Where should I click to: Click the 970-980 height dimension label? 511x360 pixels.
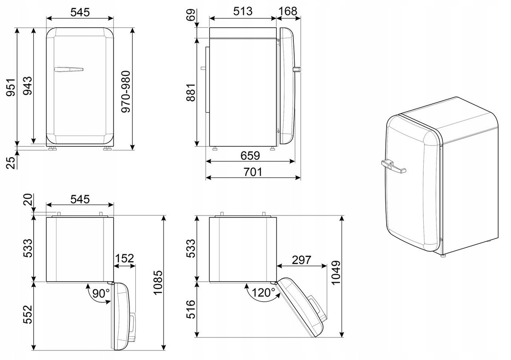[x=126, y=91]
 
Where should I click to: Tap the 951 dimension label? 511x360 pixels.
[x=11, y=87]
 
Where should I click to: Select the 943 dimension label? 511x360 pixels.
[x=28, y=86]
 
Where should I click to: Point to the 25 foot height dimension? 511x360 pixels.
[x=11, y=163]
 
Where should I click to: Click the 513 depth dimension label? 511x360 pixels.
[x=243, y=11]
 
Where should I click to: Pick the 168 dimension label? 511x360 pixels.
[x=288, y=11]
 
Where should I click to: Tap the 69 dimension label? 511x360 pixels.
[x=191, y=15]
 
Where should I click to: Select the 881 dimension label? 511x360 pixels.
[x=191, y=92]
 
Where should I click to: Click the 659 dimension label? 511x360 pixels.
[x=250, y=156]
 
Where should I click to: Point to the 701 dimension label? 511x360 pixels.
[x=253, y=172]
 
